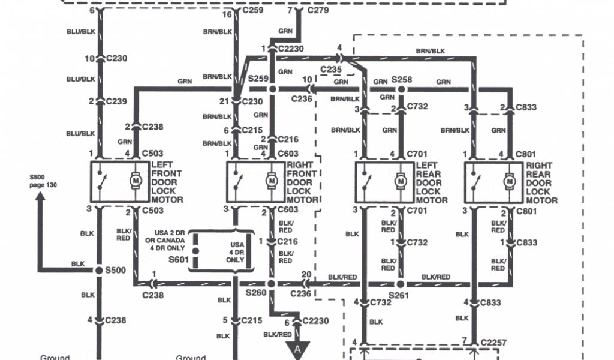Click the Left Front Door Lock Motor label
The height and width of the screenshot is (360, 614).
click(x=167, y=182)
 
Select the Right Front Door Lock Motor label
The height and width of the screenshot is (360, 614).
click(x=303, y=182)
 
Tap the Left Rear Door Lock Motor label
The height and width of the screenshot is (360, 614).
click(x=432, y=182)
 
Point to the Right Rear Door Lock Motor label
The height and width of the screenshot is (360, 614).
click(x=542, y=182)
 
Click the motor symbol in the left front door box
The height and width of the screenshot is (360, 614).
click(x=136, y=180)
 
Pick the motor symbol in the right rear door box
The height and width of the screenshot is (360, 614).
click(x=510, y=180)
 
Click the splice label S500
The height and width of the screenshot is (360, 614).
click(x=116, y=270)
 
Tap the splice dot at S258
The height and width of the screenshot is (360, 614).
click(x=401, y=89)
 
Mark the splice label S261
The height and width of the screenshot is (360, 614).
click(x=398, y=296)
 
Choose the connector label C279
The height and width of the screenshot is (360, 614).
click(x=318, y=10)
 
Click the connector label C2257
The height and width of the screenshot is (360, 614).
click(x=493, y=343)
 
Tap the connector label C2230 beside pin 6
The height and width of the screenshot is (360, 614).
click(x=315, y=321)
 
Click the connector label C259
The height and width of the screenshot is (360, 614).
click(x=252, y=10)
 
